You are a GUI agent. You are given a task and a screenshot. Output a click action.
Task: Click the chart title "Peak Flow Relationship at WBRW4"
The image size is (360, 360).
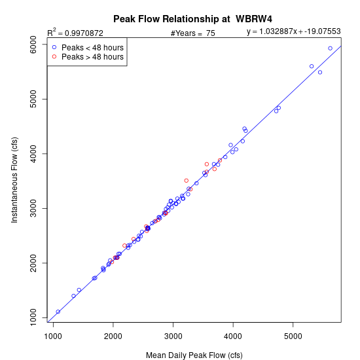coord(192,19)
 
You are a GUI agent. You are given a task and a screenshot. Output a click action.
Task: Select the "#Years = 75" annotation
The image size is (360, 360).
coord(193,33)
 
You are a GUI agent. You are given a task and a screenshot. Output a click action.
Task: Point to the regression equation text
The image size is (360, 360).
coord(294,31)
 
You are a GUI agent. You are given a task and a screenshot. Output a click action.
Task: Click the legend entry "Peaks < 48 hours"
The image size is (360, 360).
coord(92,48)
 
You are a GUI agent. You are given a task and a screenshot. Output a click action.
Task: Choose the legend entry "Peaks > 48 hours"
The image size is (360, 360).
coord(92,57)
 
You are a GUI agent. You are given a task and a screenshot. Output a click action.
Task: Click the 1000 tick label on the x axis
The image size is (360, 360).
coord(53,336)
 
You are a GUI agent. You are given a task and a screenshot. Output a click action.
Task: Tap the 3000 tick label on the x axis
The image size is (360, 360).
coord(173,336)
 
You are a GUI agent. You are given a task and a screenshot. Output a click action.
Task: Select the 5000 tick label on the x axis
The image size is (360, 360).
coord(293,336)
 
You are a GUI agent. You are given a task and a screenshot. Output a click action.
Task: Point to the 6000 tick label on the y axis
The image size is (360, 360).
coord(33,45)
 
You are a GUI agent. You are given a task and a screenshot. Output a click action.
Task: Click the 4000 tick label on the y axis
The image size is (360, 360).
coord(33,154)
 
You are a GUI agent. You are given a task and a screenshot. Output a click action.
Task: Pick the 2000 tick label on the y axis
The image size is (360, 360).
coord(33,263)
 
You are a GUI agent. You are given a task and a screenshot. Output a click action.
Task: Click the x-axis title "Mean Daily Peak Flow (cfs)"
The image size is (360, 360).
coord(194,355)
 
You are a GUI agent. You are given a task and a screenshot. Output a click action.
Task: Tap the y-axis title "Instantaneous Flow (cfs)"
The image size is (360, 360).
coord(14,180)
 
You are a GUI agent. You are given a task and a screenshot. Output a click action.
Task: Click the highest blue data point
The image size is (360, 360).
coord(330,48)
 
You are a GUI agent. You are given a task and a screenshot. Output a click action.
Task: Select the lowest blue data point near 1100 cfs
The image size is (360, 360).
coord(58,312)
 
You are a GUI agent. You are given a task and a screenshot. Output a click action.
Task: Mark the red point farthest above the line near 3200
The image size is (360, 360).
coord(187,181)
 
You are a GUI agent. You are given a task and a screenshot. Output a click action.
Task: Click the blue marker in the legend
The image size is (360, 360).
coord(54,47)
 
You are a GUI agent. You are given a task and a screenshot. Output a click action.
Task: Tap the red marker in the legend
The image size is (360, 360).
coord(54,56)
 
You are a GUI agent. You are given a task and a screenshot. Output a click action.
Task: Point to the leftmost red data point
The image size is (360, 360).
coord(112,262)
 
